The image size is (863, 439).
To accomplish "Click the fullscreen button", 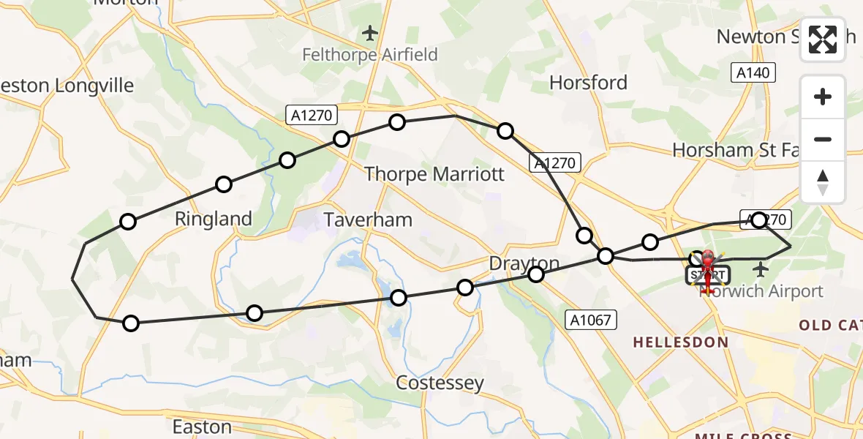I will [x=823, y=40].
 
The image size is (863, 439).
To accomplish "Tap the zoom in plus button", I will [x=823, y=97].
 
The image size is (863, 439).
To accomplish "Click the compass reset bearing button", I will [x=823, y=182].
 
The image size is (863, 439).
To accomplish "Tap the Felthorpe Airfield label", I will [x=371, y=55].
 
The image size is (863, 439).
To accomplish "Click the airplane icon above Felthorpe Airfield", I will [x=371, y=33].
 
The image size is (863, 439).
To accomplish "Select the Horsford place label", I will [x=588, y=83].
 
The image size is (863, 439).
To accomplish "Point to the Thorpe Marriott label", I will [x=434, y=174].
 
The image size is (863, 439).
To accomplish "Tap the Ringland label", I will [x=214, y=219].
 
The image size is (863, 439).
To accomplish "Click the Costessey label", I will [x=440, y=383].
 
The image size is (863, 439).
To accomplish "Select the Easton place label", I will [x=201, y=426].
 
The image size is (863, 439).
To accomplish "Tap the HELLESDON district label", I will [x=680, y=342].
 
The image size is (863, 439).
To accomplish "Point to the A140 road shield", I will [x=753, y=72].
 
